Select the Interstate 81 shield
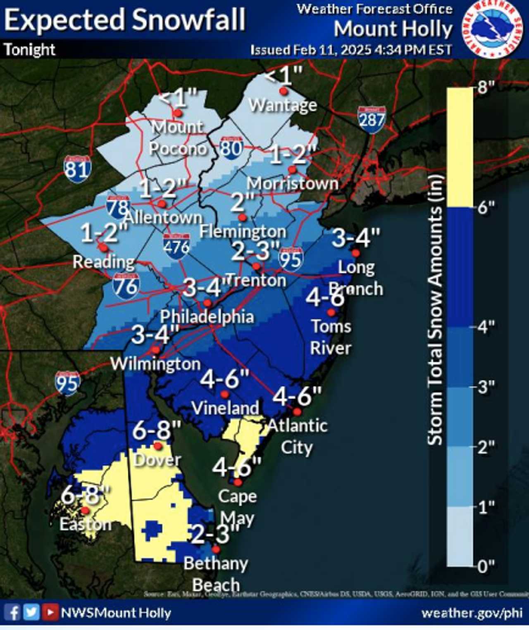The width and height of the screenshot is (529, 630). [x=77, y=169]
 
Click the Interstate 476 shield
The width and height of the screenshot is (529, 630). [x=176, y=247]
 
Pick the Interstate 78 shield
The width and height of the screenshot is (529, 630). [x=118, y=207]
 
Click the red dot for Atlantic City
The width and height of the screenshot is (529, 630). [x=298, y=411]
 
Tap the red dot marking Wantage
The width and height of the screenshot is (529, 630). [x=284, y=91]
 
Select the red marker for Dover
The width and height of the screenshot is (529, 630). [x=157, y=445]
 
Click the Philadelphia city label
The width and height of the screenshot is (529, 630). [x=207, y=317]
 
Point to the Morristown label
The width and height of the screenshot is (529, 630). [x=293, y=183]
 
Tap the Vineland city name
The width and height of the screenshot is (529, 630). [x=225, y=408]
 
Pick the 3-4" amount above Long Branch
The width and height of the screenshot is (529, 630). [x=356, y=238]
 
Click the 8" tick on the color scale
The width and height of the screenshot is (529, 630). [x=486, y=88]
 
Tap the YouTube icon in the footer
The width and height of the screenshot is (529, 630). [x=50, y=612]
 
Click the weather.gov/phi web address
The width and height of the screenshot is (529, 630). [x=472, y=613]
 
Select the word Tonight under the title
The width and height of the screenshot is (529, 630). [x=30, y=50]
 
